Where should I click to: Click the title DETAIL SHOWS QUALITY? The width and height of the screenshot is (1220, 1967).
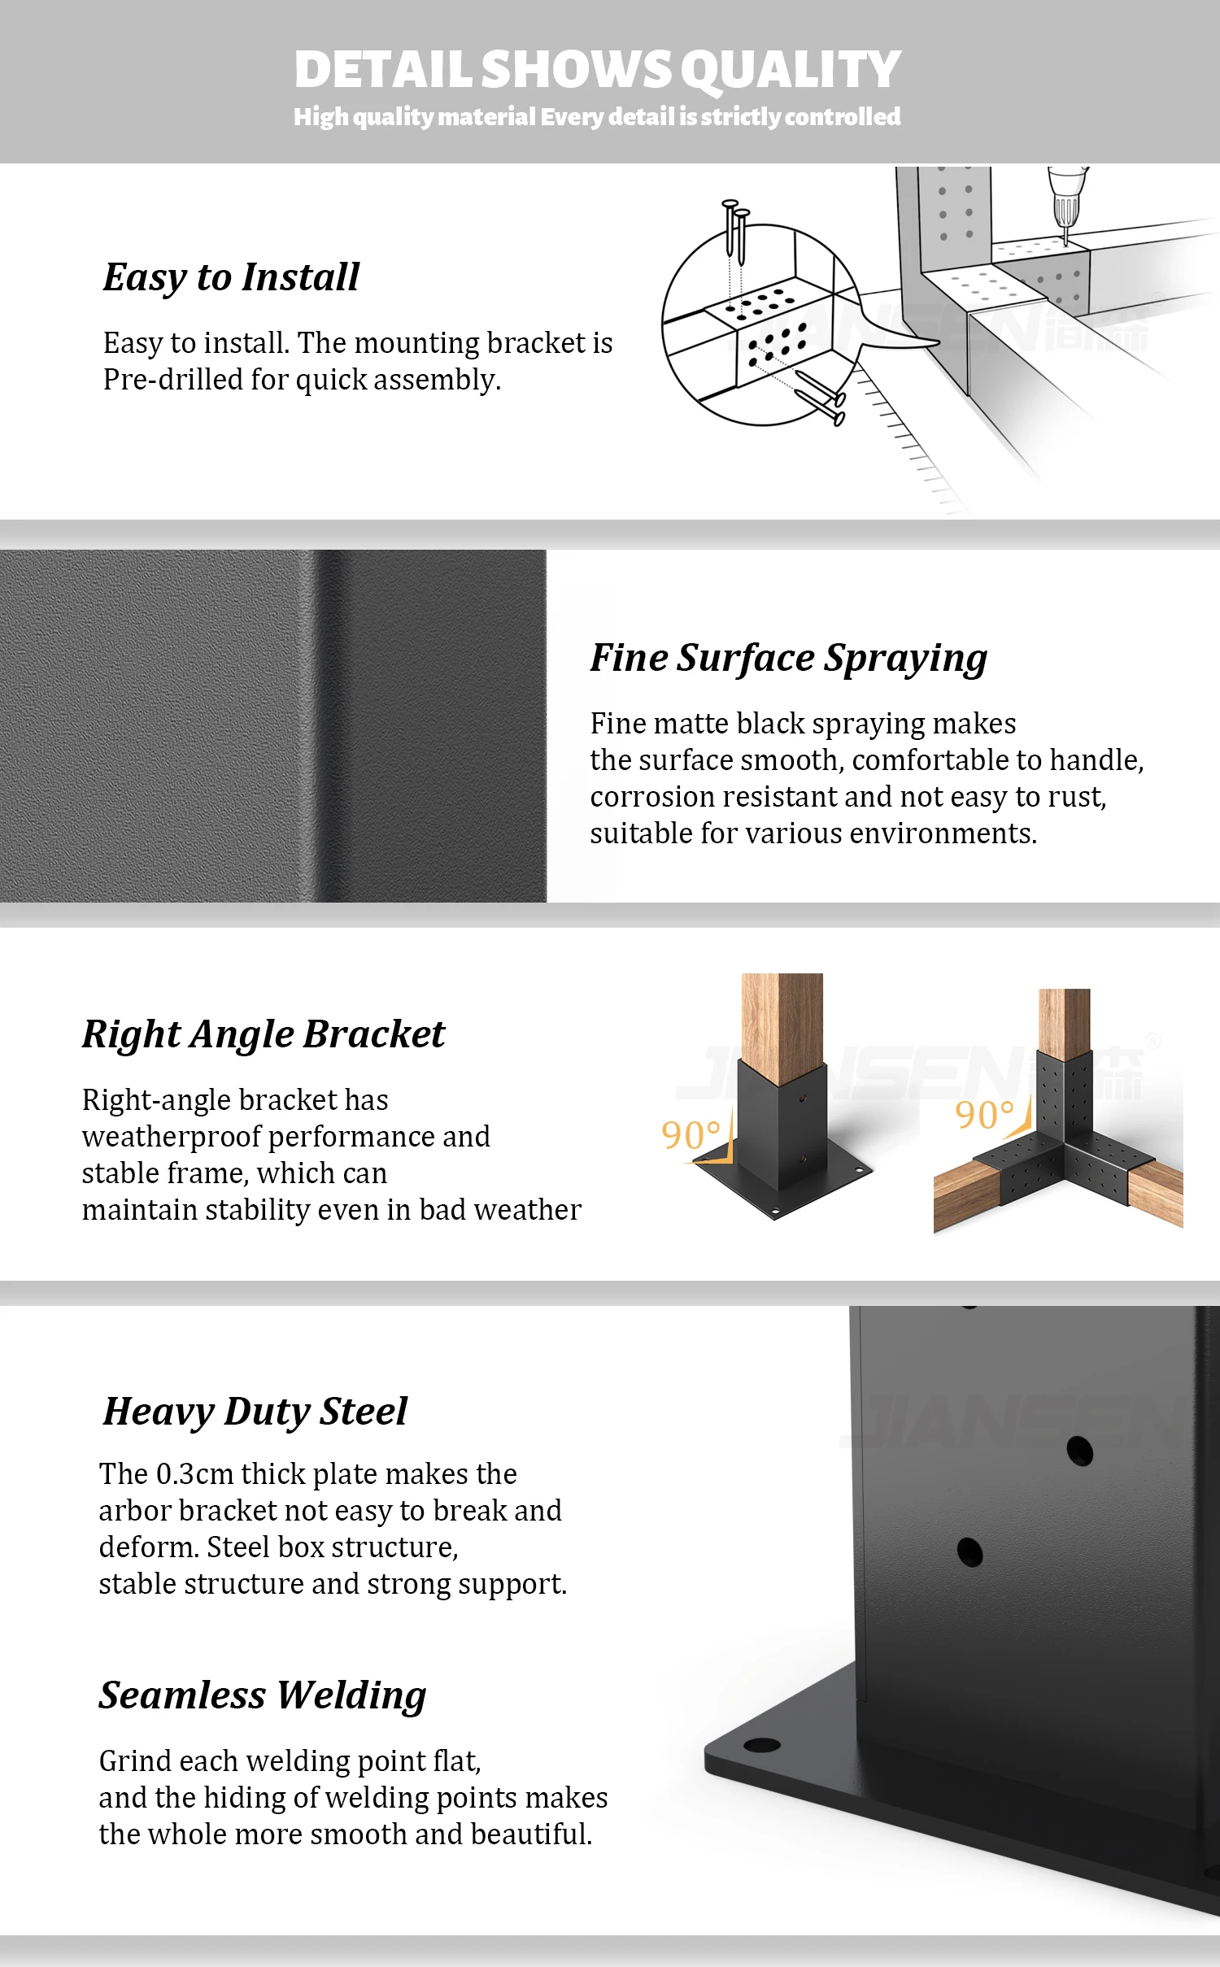point(597,70)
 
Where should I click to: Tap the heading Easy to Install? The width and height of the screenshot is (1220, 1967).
point(231,277)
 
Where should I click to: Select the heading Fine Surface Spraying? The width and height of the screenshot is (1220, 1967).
point(788,658)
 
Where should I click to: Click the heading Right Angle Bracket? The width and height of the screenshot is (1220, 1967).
point(264,1034)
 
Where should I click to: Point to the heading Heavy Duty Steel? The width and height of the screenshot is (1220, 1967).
point(255,1412)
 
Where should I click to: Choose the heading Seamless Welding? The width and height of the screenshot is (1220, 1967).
point(263,1695)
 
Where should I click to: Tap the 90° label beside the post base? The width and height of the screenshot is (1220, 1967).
point(691,1135)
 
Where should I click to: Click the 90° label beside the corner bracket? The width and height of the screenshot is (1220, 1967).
point(984,1115)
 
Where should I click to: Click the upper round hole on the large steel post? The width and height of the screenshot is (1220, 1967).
point(1079,1451)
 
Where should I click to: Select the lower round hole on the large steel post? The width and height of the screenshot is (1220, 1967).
point(969,1552)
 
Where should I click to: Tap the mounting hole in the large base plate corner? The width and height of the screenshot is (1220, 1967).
point(761,1745)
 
